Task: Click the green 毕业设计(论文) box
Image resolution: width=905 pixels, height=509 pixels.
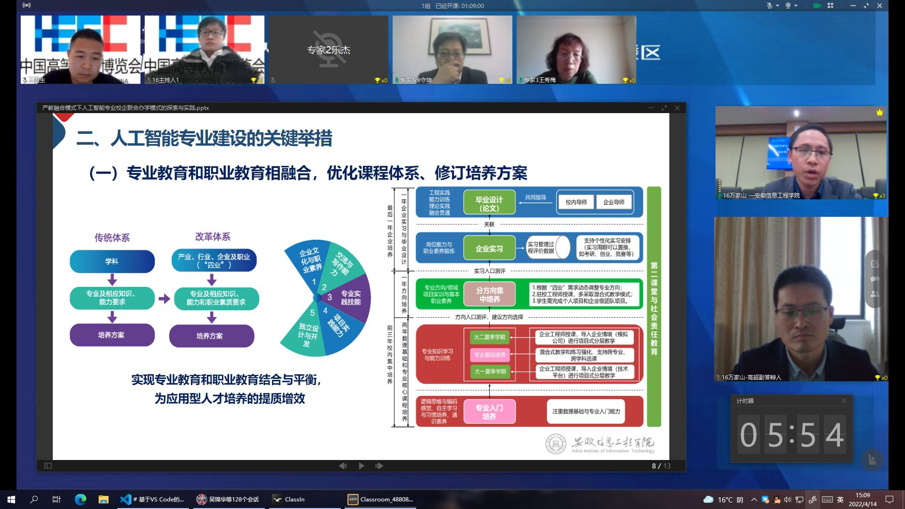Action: (x=489, y=204)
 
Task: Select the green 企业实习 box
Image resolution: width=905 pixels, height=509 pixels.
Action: (x=489, y=248)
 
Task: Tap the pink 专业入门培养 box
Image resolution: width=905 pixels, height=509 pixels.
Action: (x=489, y=411)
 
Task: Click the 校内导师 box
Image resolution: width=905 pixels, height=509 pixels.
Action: (x=576, y=202)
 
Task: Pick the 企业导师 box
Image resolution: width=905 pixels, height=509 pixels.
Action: (x=614, y=202)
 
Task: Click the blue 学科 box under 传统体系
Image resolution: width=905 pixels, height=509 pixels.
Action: (x=112, y=261)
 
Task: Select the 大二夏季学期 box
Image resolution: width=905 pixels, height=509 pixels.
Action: (x=489, y=337)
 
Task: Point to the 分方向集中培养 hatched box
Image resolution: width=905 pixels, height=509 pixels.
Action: (x=489, y=295)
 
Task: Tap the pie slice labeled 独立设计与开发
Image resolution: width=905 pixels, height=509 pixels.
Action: (x=307, y=334)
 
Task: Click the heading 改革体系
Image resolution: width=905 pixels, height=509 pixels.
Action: (x=213, y=237)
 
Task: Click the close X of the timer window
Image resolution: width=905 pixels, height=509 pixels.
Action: (x=844, y=401)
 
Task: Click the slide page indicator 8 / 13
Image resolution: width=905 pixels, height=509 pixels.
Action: (x=661, y=466)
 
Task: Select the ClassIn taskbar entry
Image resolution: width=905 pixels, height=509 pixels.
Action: (x=295, y=499)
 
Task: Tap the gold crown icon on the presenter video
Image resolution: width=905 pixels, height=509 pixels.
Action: (x=880, y=112)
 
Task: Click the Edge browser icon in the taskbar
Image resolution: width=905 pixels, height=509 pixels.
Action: (x=80, y=499)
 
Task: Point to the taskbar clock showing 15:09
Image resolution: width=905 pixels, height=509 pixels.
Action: (x=863, y=499)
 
